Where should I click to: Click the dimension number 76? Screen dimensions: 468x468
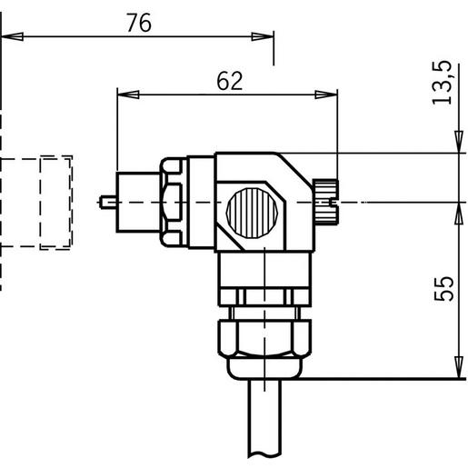pos(138,25)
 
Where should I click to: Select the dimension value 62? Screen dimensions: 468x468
pos(230,81)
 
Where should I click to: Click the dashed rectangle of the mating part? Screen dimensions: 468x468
pos(55,202)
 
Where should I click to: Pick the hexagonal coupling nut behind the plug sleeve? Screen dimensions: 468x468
pos(173,201)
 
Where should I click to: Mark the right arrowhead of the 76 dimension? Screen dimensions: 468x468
pos(264,36)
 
